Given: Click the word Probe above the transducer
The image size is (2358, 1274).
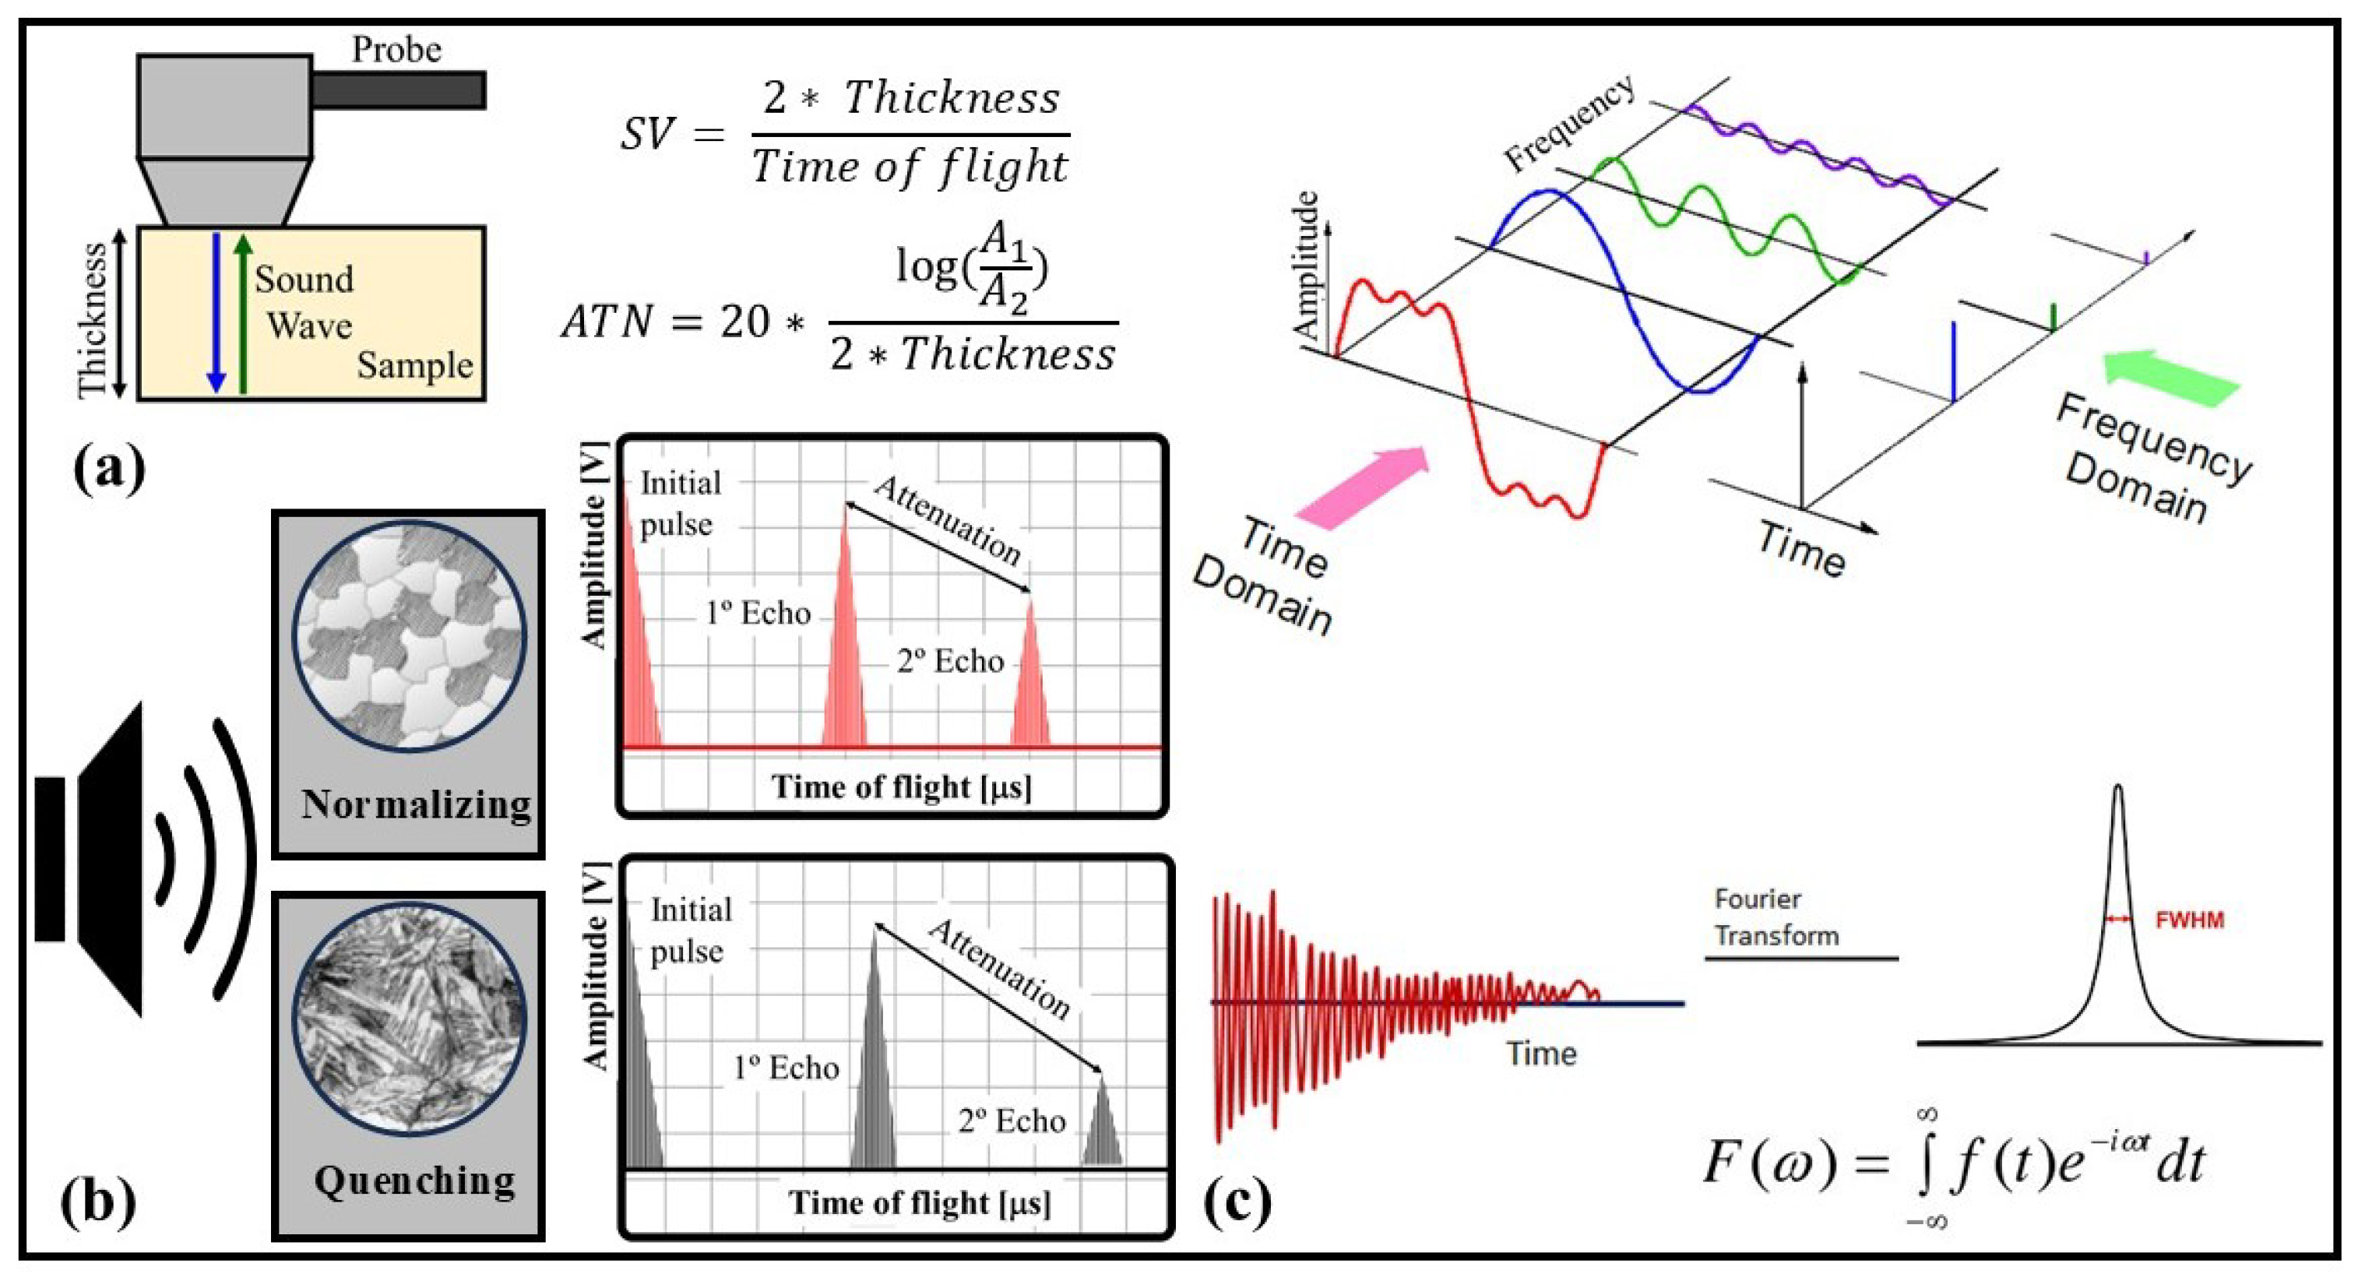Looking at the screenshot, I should click(x=396, y=49).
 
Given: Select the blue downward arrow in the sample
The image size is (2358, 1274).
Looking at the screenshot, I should click(x=216, y=311).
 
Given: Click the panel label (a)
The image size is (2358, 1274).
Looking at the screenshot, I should click(x=109, y=470).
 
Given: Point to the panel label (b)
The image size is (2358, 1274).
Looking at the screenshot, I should click(x=97, y=1201).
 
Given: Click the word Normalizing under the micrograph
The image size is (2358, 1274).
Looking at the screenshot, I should click(x=417, y=804).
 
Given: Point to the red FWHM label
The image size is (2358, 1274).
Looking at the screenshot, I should click(x=2190, y=920).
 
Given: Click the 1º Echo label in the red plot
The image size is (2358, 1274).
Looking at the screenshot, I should click(x=758, y=612).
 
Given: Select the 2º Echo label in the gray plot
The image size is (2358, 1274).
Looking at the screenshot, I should click(x=1012, y=1121).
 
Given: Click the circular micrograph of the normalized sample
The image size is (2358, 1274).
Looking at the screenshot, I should click(x=409, y=635).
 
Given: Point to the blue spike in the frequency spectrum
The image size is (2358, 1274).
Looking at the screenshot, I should click(x=1953, y=361).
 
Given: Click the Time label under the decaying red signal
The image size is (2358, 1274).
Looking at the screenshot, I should click(x=1541, y=1054).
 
